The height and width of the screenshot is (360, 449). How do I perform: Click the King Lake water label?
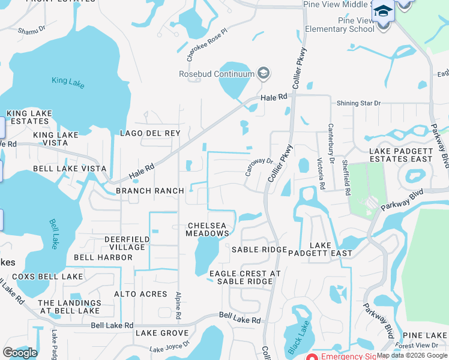pos(68,82)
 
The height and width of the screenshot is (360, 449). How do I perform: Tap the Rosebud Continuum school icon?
pos(262,74)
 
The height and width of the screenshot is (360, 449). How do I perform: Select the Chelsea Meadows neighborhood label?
pos(207,229)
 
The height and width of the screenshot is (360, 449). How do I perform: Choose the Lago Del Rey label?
pos(150,133)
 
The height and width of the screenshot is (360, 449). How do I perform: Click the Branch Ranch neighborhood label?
pos(150,191)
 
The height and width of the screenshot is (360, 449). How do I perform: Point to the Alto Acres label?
pos(140,294)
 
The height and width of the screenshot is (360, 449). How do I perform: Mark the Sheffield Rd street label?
pos(346,178)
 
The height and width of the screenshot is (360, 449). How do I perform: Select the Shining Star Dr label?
pos(359,103)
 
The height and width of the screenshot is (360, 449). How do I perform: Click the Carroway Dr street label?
pos(259,167)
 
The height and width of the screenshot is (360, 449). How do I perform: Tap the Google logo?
pos(20,353)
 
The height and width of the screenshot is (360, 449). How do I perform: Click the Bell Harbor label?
pos(103,257)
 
